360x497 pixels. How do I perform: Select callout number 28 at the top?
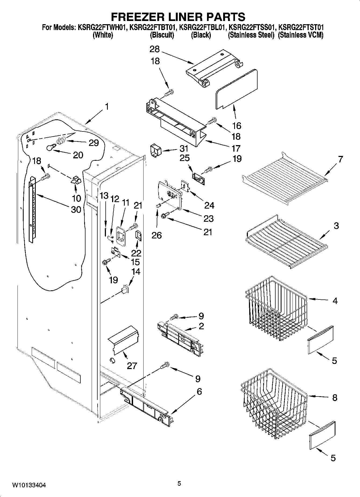point(155,49)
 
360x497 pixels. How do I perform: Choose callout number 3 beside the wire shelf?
point(336,226)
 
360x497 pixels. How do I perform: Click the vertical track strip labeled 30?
point(32,210)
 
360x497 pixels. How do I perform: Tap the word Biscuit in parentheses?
point(162,35)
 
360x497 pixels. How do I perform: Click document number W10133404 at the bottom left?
point(29,485)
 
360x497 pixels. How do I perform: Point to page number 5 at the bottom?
point(179,484)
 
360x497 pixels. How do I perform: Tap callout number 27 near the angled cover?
point(132,366)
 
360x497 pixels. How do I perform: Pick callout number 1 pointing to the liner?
point(107,107)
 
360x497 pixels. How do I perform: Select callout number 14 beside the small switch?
point(136,271)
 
